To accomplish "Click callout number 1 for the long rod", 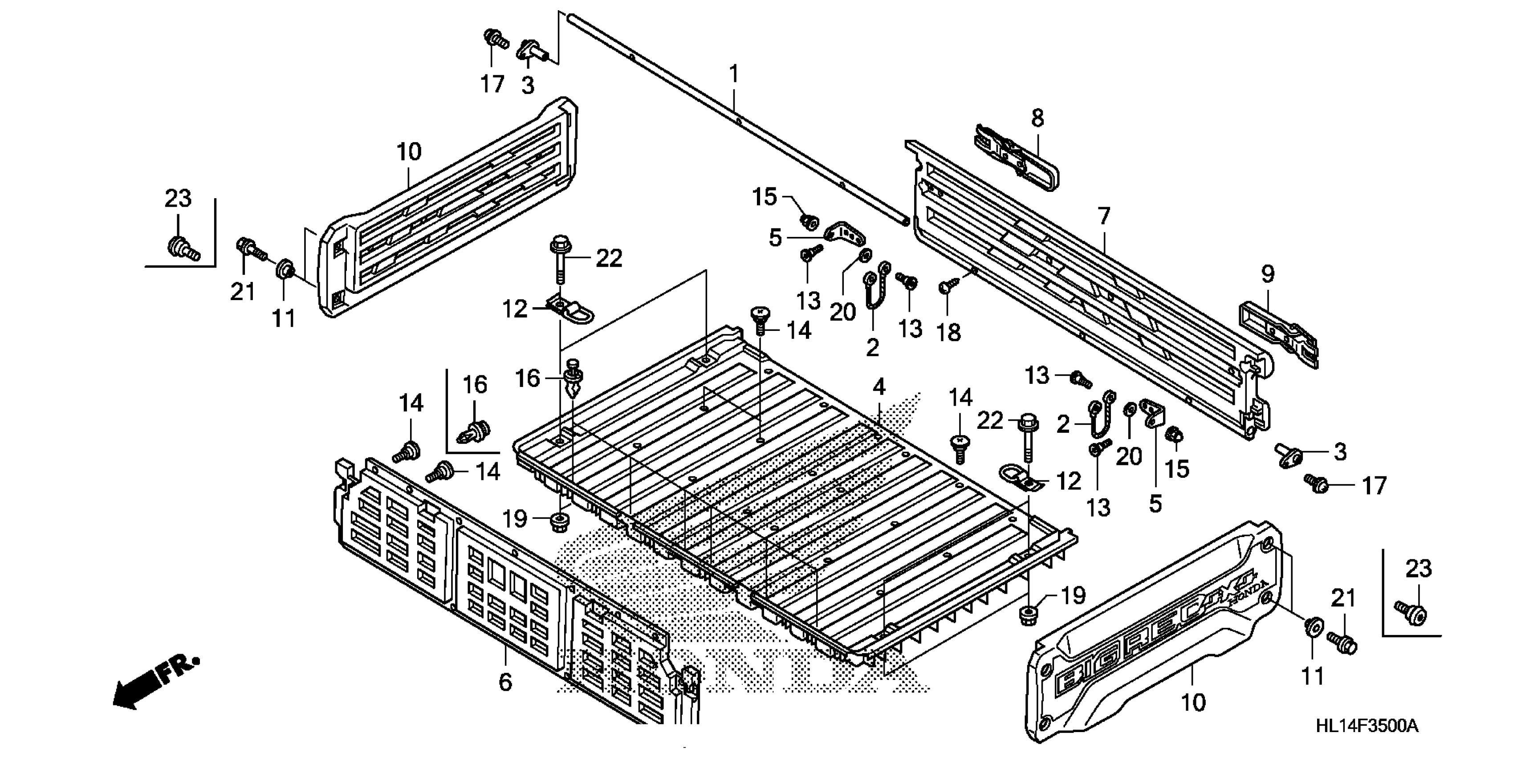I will click(x=733, y=75).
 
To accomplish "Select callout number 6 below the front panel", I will click(x=505, y=682).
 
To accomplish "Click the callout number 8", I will click(x=1037, y=118).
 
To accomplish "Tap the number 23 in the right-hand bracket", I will click(x=1418, y=569).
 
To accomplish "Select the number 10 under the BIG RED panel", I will click(x=1193, y=703).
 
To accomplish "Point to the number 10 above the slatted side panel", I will click(x=409, y=152).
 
